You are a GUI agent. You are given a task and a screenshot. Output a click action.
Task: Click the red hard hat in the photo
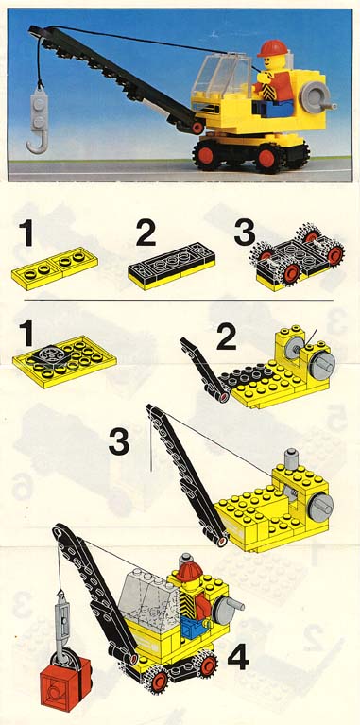[272, 48]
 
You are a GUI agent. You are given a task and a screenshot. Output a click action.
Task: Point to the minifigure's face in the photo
[269, 62]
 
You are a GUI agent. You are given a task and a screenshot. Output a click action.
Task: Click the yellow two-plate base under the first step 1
[54, 268]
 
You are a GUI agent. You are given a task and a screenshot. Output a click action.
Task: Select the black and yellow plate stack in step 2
[171, 266]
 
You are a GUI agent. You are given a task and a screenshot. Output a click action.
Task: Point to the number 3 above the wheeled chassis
[245, 233]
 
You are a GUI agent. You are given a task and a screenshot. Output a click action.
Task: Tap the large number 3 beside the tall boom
[119, 442]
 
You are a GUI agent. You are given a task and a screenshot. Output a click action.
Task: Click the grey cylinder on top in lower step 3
[291, 457]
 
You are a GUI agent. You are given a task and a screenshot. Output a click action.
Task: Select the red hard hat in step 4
[189, 571]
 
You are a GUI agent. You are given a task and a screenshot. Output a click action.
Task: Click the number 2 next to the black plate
[146, 233]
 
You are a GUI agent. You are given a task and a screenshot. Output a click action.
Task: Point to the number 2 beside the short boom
[226, 338]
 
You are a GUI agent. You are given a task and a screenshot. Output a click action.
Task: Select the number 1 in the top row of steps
[27, 233]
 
